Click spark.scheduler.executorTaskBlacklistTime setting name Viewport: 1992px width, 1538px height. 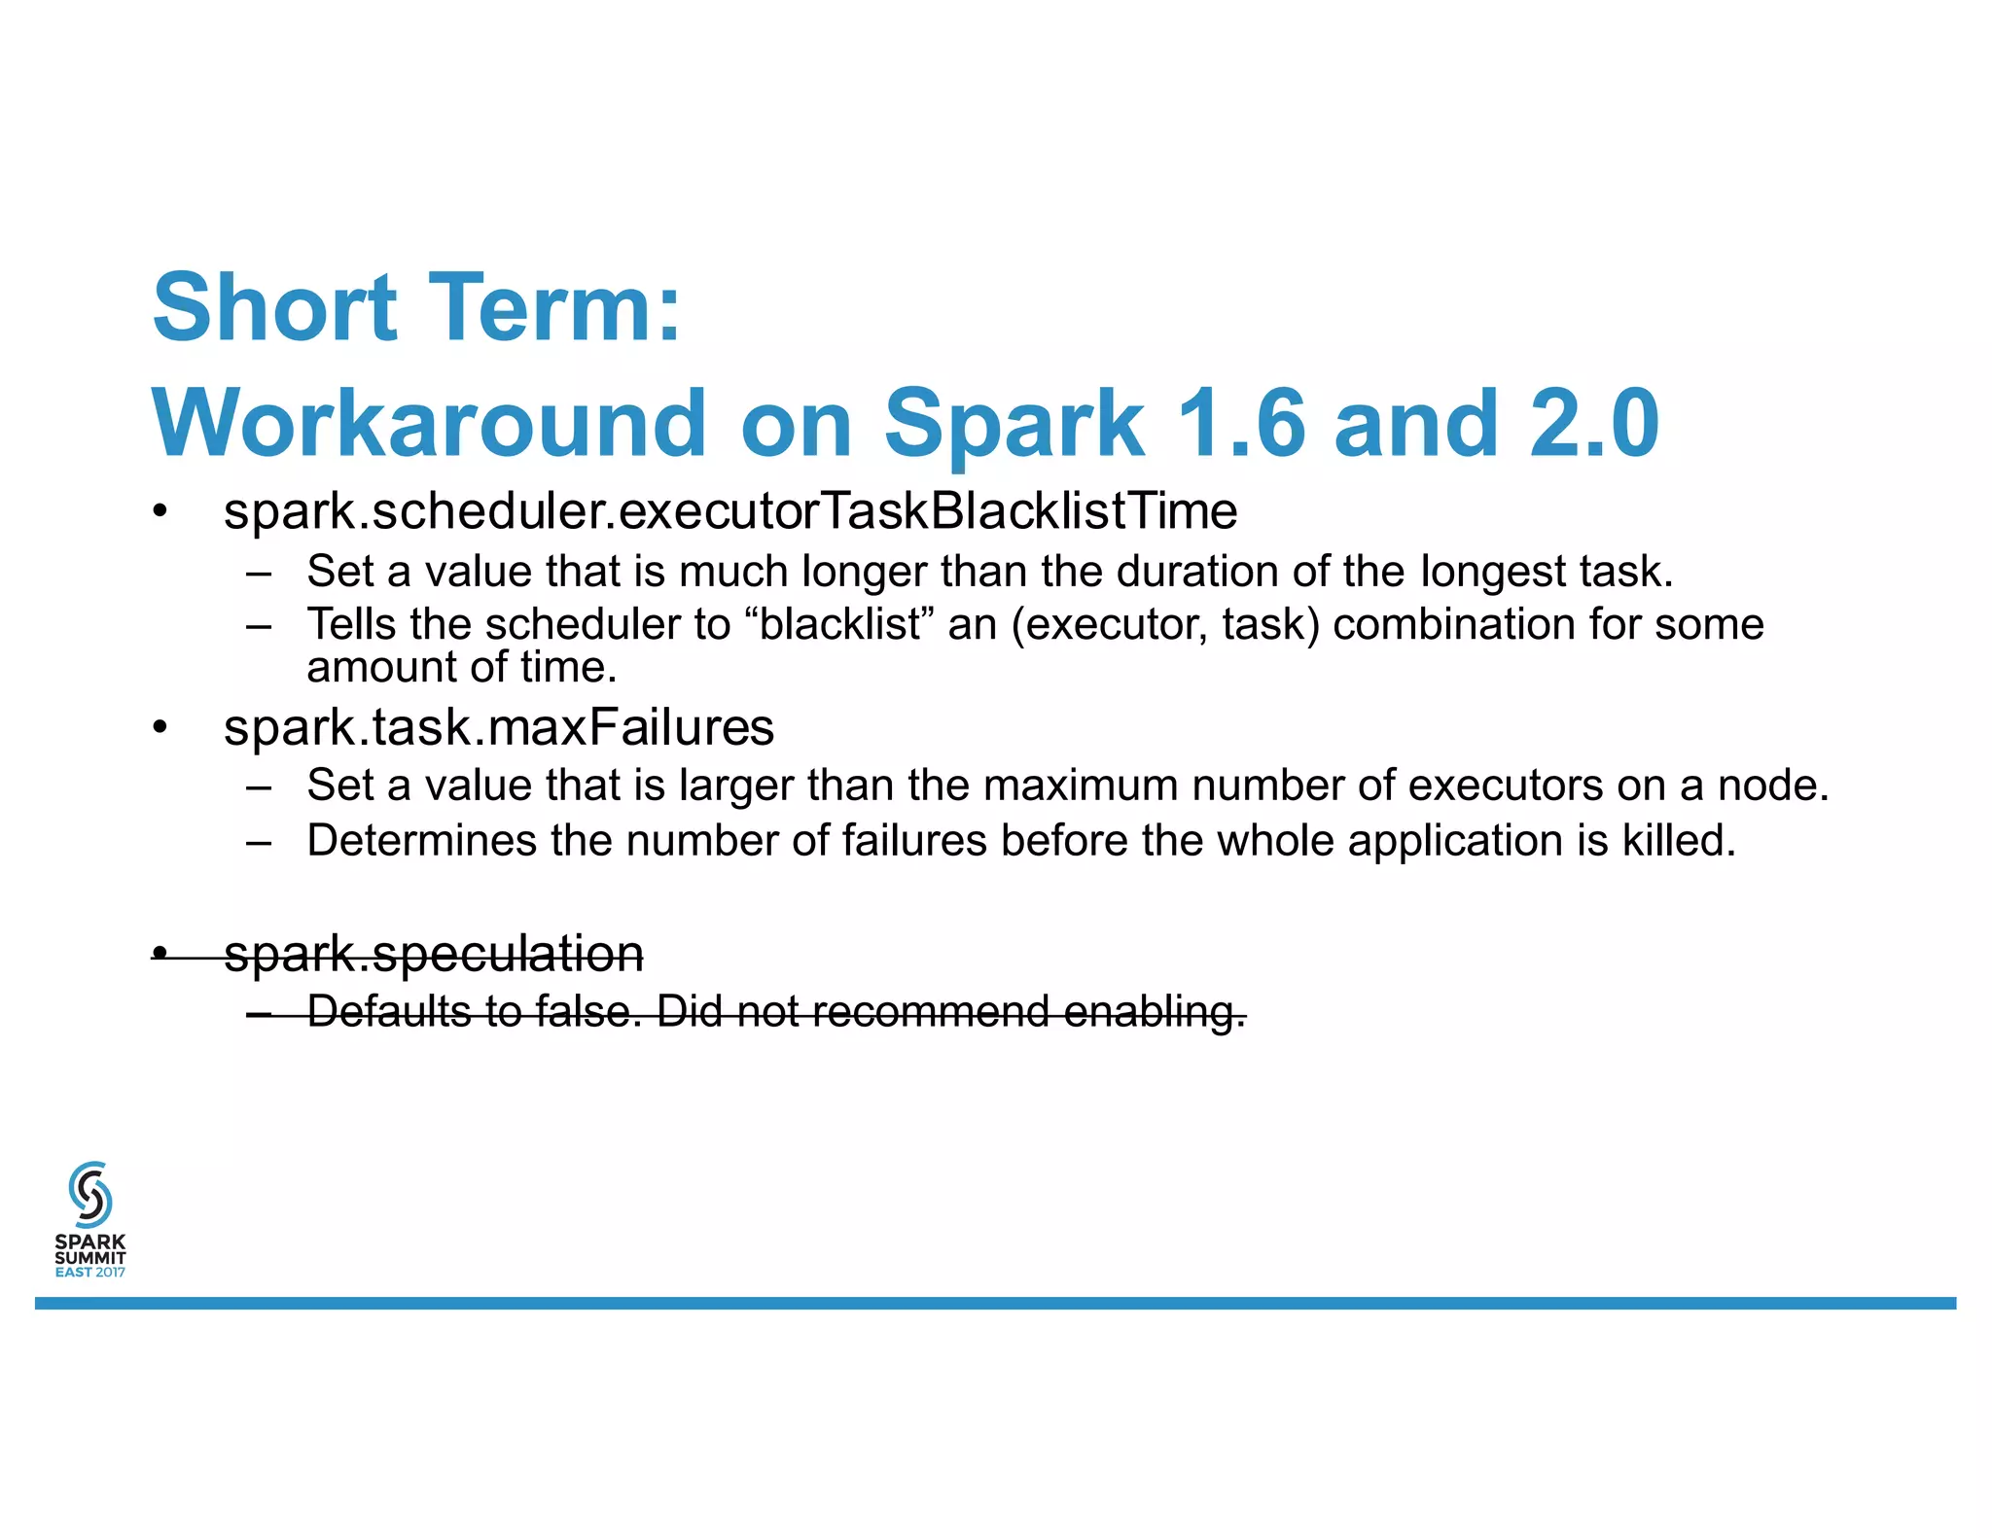[729, 511]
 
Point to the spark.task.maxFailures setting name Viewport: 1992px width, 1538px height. [498, 727]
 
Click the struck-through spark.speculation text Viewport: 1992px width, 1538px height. [434, 953]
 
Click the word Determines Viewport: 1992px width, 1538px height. [421, 841]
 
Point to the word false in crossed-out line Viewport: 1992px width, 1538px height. [587, 1011]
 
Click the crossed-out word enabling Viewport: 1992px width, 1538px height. [1154, 1011]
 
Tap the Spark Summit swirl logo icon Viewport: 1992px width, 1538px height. [90, 1194]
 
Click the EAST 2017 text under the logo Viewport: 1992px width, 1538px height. [90, 1273]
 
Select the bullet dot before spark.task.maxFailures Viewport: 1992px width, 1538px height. [160, 728]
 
